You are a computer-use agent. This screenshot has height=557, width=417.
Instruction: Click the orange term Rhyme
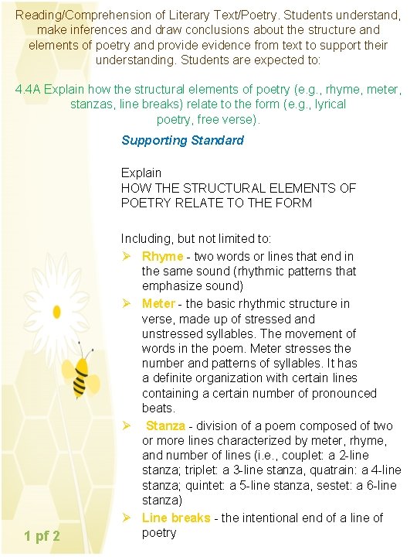click(x=162, y=256)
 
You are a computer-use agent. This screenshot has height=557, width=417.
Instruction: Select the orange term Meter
click(x=158, y=303)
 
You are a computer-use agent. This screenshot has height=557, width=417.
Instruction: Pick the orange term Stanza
click(x=165, y=425)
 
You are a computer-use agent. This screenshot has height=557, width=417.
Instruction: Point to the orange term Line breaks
click(x=176, y=518)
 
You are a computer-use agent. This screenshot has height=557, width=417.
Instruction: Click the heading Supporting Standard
click(x=182, y=140)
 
